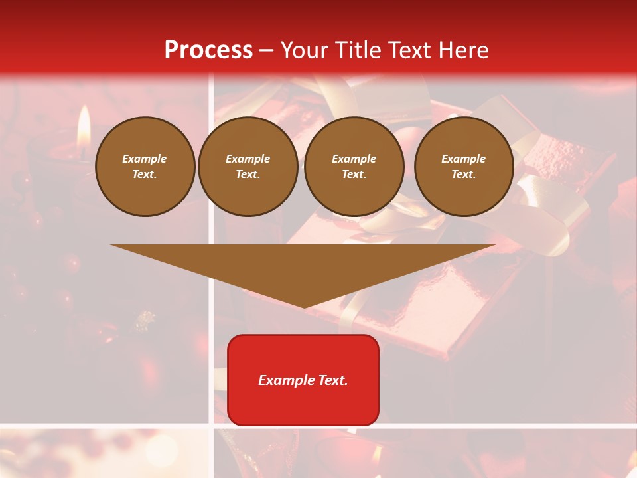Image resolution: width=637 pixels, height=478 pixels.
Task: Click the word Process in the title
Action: tap(208, 50)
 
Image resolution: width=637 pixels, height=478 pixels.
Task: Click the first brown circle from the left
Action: tap(145, 167)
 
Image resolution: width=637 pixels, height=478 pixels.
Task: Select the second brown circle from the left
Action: tap(248, 167)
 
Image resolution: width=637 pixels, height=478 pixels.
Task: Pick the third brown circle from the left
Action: tap(354, 167)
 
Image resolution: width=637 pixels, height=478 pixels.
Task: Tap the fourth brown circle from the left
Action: tap(464, 167)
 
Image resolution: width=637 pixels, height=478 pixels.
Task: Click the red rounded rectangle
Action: tap(303, 380)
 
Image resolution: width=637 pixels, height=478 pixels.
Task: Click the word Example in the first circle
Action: tap(145, 159)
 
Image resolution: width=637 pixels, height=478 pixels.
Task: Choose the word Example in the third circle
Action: tap(354, 159)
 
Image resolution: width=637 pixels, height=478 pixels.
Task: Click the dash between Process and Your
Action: tap(267, 50)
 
